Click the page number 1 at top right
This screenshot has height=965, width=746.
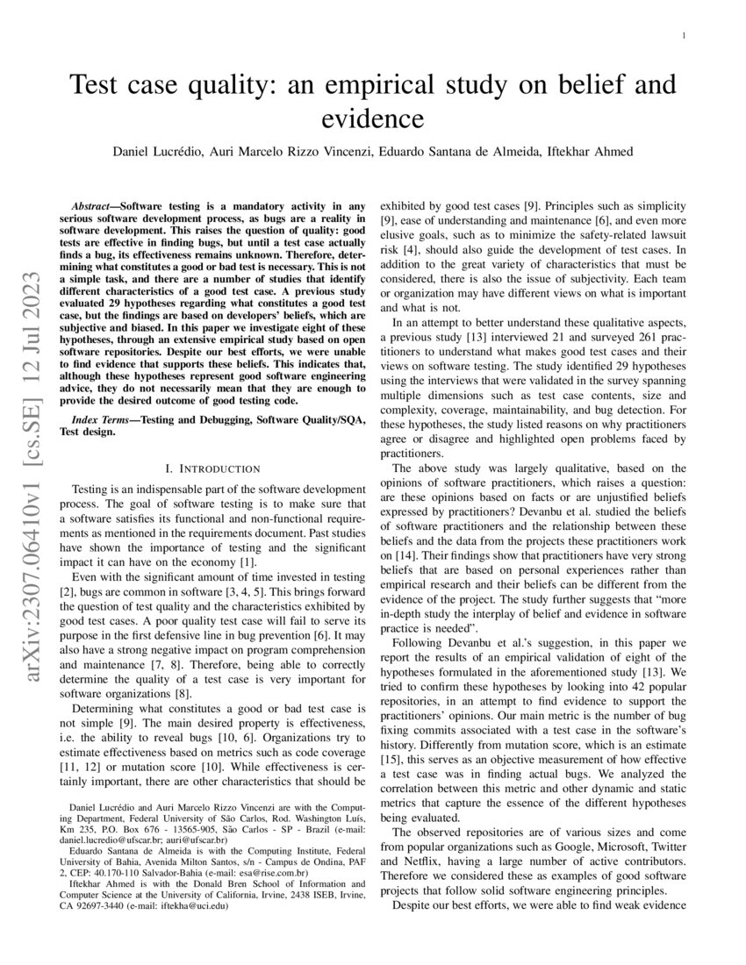point(683,37)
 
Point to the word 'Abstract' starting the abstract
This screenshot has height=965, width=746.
point(96,201)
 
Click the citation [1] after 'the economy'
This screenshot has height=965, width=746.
point(247,561)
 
